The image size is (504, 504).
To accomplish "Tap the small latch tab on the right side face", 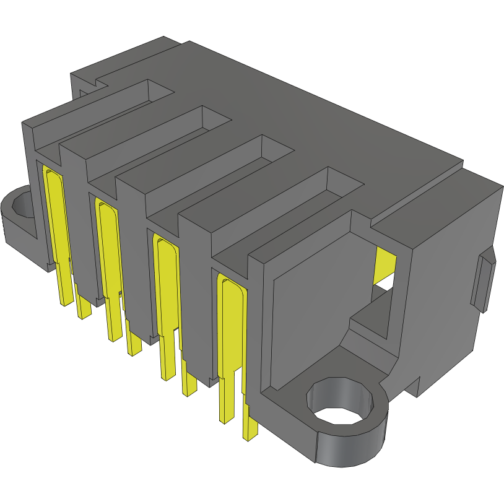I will tap(484, 282).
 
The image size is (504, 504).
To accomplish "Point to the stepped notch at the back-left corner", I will tap(87, 84).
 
